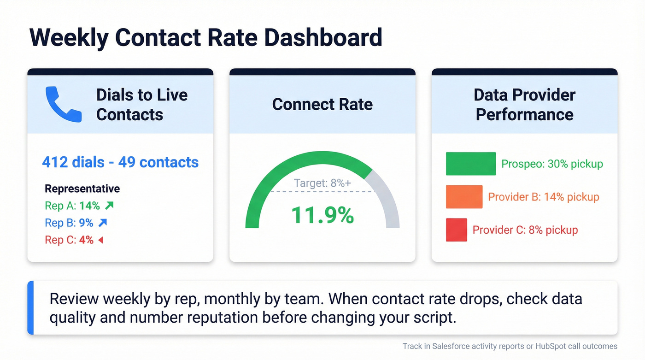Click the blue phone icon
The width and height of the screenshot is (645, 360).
[63, 105]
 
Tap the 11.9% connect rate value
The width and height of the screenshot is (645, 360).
[322, 215]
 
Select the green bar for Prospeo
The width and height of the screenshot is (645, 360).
[470, 164]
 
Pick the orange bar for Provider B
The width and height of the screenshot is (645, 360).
[464, 197]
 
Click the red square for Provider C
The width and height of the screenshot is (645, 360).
[456, 230]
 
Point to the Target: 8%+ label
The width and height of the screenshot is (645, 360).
[322, 183]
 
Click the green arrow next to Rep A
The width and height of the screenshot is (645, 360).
[109, 206]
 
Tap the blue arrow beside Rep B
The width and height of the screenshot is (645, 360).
[103, 223]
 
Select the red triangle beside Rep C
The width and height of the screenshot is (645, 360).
[100, 240]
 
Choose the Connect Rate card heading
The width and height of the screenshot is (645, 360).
[322, 104]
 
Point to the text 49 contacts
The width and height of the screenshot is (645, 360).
[158, 162]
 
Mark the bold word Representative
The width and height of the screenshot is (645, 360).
[82, 189]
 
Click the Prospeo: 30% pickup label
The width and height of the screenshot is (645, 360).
[552, 164]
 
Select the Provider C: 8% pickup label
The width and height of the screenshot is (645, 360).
[525, 230]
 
